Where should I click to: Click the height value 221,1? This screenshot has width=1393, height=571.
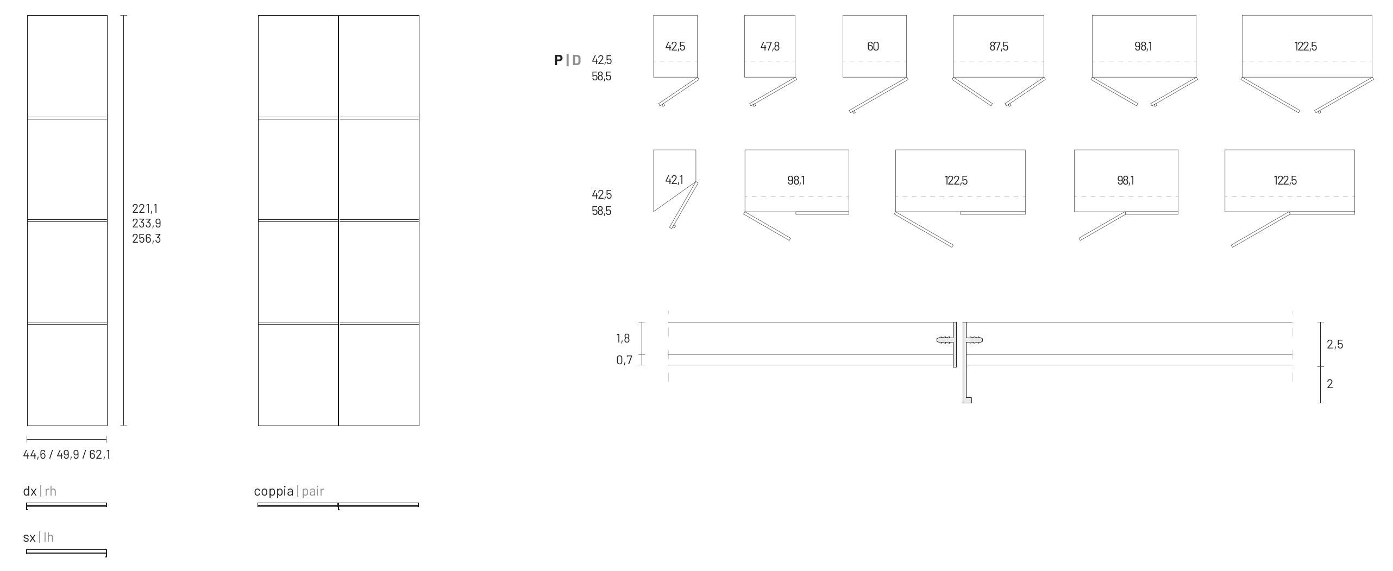(145, 208)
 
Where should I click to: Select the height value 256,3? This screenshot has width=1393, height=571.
(146, 238)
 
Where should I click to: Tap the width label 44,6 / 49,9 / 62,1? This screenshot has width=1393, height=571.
(67, 454)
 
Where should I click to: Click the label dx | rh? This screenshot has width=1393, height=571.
(40, 491)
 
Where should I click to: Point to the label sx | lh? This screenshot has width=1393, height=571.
(39, 537)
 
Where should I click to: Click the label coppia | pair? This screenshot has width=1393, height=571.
(289, 491)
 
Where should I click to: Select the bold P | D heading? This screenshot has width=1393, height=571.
(567, 60)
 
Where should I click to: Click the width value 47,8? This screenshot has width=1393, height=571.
(770, 47)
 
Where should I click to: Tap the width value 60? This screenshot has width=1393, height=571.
(873, 47)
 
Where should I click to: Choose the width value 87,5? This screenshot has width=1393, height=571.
(999, 47)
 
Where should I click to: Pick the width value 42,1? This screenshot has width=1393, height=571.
(674, 180)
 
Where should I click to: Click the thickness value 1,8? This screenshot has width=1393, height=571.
(623, 338)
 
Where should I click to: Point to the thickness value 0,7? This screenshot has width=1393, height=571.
(624, 360)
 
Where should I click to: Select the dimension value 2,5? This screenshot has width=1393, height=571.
(1335, 344)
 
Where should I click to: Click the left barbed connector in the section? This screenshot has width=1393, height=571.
(945, 340)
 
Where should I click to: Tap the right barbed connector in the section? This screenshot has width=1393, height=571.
(975, 340)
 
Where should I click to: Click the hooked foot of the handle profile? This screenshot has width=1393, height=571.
(967, 400)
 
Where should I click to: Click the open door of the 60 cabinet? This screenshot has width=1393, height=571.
(879, 95)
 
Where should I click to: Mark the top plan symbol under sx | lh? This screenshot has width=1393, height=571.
(66, 552)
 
